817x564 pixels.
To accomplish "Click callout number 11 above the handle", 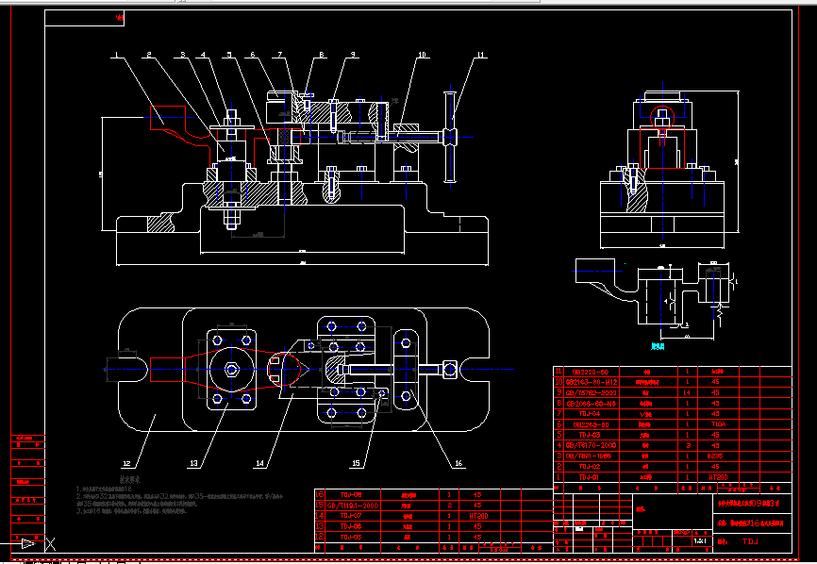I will [x=480, y=55].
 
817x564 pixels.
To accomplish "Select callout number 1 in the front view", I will [x=117, y=56].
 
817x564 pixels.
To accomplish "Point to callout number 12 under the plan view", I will [x=126, y=463].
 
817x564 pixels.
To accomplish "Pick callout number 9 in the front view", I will [x=352, y=55].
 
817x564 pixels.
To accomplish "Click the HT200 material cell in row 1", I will [x=719, y=478].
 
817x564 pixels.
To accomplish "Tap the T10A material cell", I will [x=719, y=424].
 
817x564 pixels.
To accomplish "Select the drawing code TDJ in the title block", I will [x=750, y=542].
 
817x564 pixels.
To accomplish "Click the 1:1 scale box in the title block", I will [x=700, y=541].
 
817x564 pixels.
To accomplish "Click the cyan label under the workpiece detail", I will [x=659, y=346].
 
